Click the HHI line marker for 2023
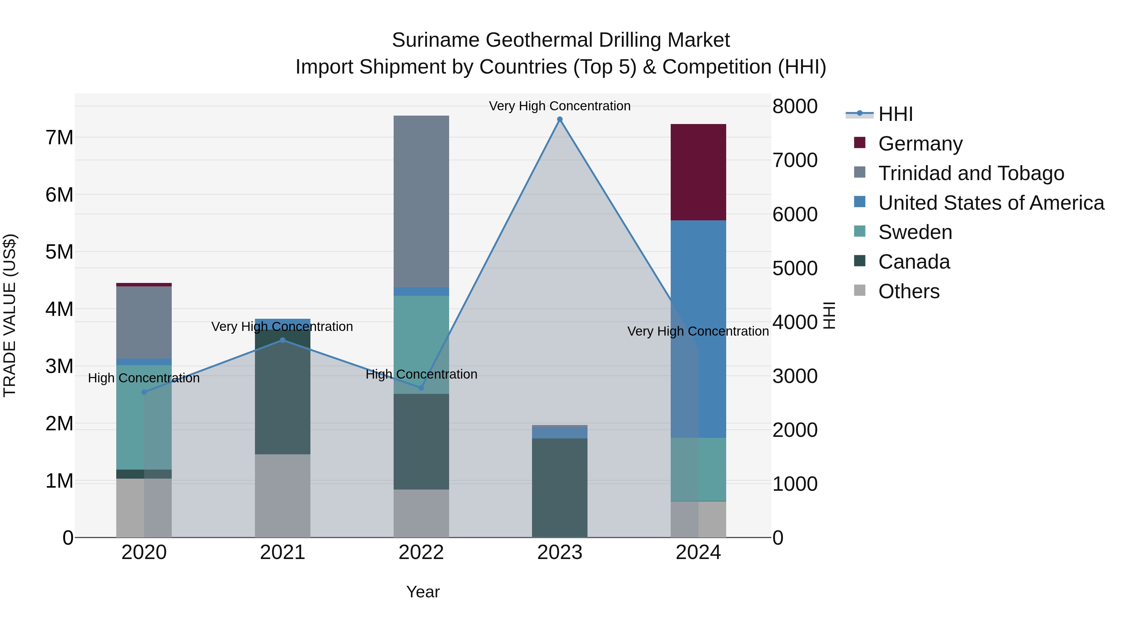(560, 119)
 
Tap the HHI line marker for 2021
(283, 340)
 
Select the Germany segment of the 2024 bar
(698, 172)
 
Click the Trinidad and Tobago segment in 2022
(421, 201)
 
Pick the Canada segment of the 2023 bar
(560, 488)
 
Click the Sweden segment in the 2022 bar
(421, 344)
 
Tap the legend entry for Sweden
(915, 232)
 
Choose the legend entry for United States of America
(991, 203)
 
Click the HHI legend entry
(895, 114)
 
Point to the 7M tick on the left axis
(60, 138)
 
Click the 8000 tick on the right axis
(795, 106)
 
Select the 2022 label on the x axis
(421, 552)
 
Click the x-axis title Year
(423, 592)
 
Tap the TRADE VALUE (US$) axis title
(10, 315)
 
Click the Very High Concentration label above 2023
(560, 106)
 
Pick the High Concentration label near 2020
(144, 378)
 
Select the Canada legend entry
(914, 262)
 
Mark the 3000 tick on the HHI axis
(795, 376)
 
